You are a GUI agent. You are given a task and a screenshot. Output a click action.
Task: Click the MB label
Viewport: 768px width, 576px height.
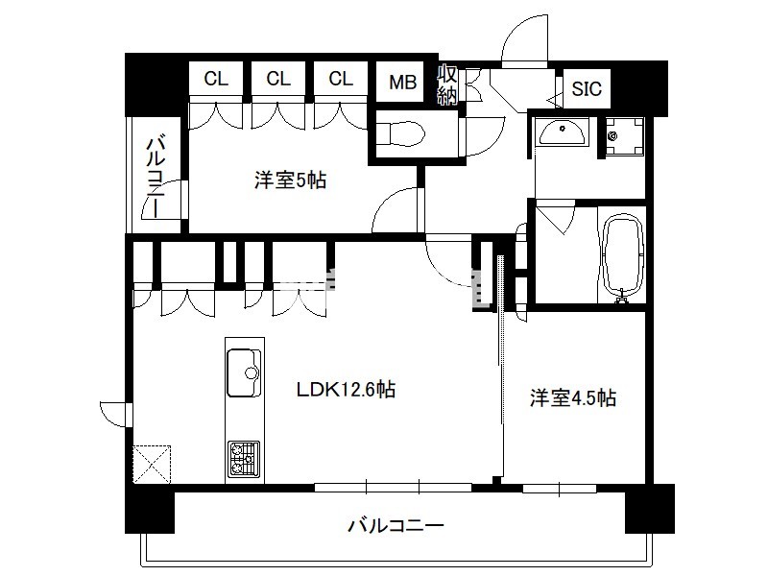point(402,82)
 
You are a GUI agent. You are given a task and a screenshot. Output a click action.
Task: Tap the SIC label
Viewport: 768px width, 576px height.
point(587,88)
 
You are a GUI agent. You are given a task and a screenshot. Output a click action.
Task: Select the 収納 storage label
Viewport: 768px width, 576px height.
point(446,84)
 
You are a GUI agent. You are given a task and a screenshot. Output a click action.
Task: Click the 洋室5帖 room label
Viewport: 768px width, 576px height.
point(290,180)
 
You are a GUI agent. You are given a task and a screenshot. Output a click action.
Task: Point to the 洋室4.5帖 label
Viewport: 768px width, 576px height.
point(572,397)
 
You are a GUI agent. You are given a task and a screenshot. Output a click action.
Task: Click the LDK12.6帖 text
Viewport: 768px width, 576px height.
point(347,390)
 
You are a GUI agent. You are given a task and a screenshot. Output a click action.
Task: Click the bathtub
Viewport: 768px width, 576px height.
point(622,257)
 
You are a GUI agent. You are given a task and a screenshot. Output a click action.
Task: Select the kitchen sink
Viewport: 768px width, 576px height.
point(244,373)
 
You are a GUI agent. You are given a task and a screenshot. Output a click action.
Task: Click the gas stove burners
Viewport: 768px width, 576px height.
point(244,459)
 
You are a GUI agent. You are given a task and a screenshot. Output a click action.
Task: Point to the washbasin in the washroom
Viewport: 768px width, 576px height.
point(561,131)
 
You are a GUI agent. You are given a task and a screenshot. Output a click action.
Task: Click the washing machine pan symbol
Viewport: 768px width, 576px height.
point(625,135)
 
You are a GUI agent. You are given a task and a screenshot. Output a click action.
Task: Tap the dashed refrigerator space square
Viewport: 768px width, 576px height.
point(152,464)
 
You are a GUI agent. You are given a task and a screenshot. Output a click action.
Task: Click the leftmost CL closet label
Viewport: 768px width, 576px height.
point(216,79)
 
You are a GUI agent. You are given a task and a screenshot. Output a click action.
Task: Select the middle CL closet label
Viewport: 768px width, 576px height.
point(278,79)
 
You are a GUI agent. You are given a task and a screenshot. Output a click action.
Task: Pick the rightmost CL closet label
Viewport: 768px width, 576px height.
point(341,79)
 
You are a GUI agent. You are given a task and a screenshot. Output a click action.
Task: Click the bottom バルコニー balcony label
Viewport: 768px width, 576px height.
point(396,525)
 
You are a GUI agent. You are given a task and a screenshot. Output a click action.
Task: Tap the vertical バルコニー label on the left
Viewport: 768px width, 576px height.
point(156,177)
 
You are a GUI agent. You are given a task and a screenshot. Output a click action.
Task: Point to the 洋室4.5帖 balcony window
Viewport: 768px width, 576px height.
point(560,489)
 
